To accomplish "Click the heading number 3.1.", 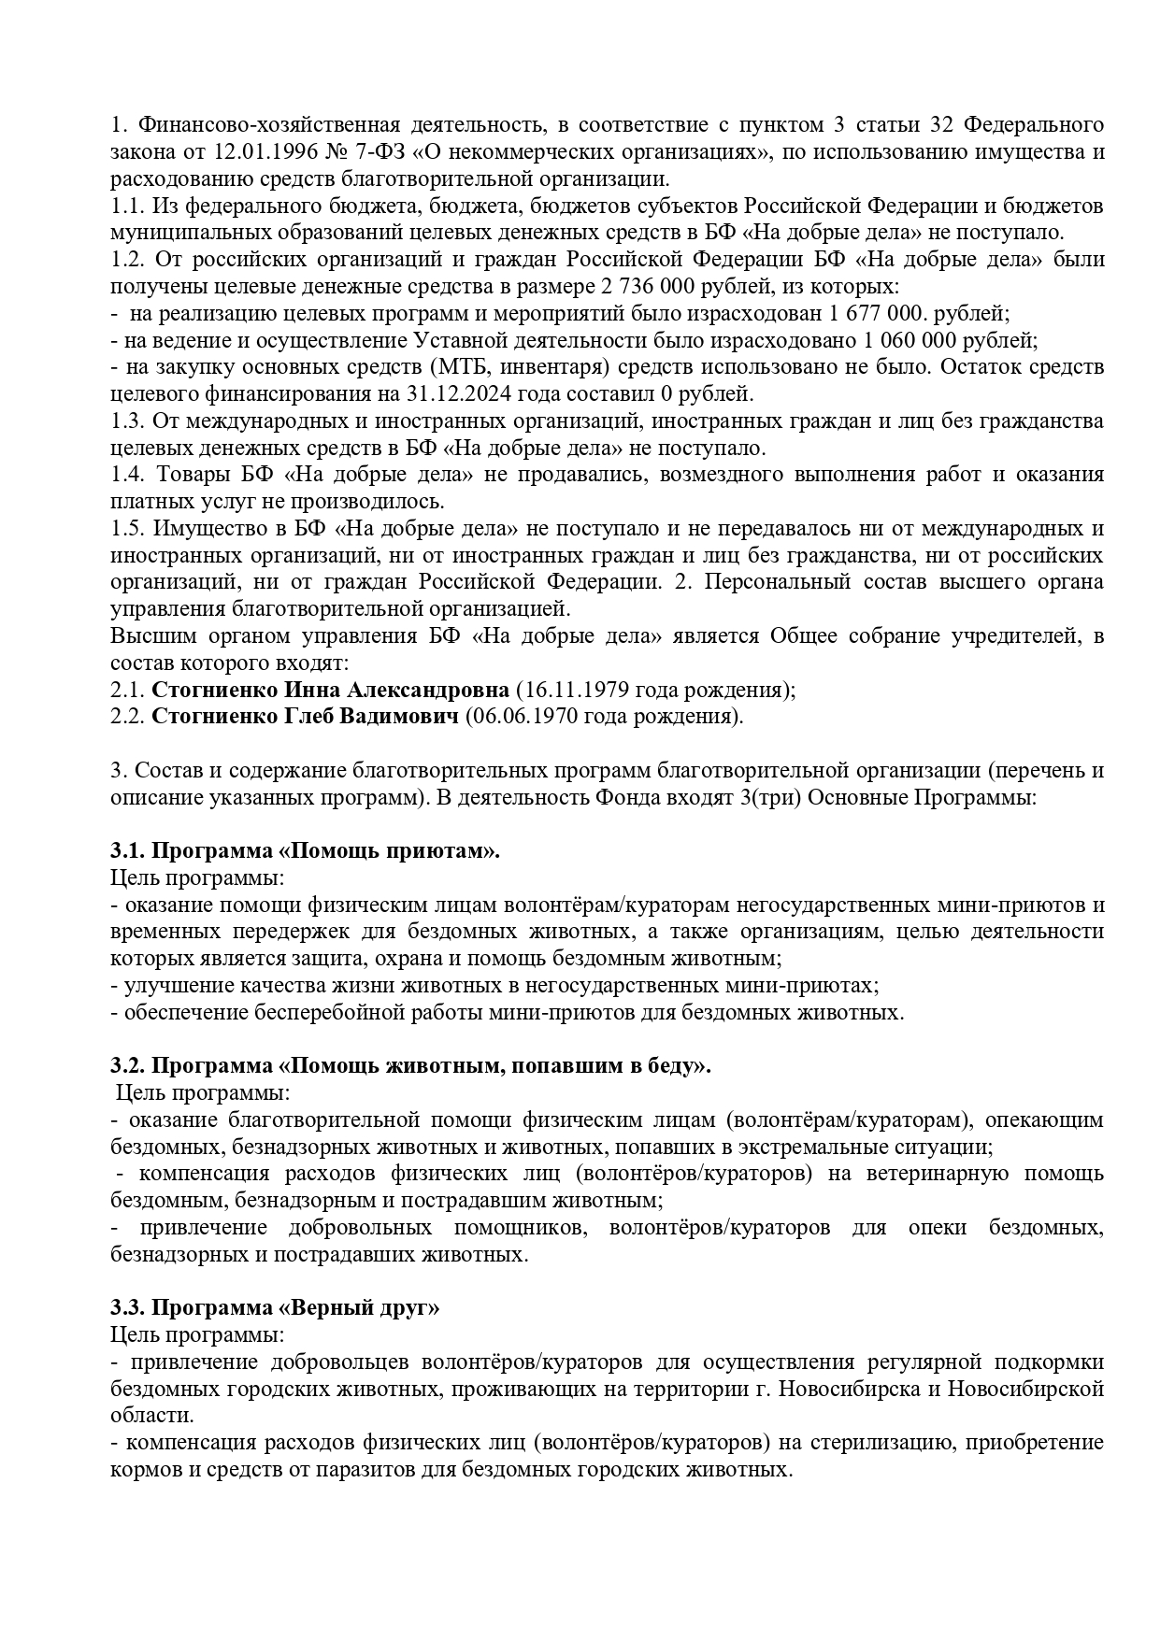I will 127,851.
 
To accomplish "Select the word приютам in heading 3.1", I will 450,851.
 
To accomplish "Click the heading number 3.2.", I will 127,1066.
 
